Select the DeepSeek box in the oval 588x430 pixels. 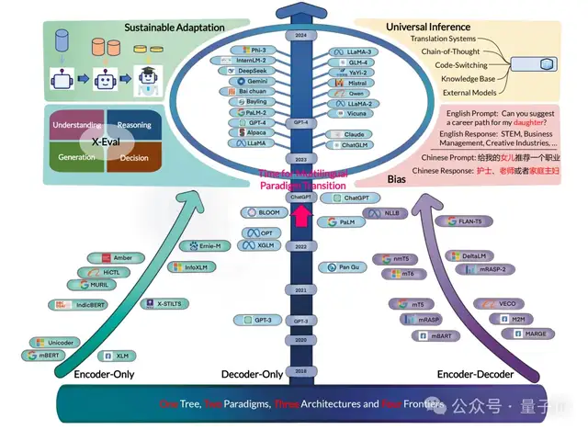coord(239,70)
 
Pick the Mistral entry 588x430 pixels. coord(353,81)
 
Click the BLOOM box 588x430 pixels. coord(263,212)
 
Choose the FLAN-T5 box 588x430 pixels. coord(469,221)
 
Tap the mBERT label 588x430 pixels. coord(45,355)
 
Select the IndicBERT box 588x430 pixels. coord(73,304)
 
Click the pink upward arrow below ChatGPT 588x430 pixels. coord(299,215)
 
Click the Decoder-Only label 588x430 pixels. coord(252,375)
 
